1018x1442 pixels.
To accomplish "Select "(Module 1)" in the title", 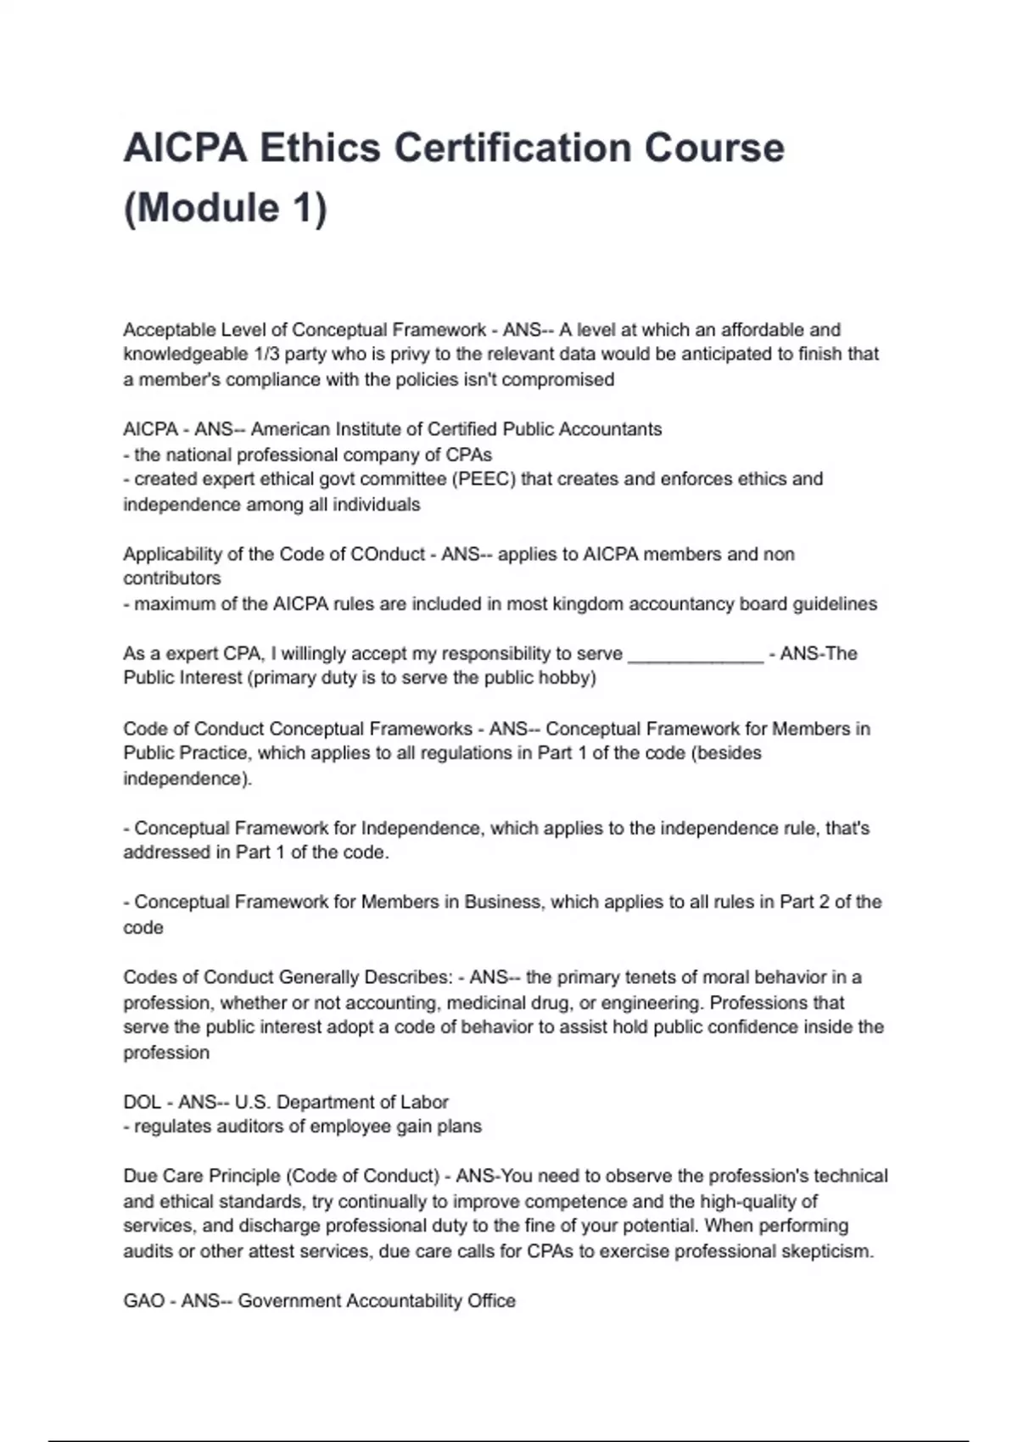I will coord(225,208).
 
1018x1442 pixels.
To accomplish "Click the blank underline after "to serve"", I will coord(696,654).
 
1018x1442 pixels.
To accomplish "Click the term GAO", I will coord(143,1301).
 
